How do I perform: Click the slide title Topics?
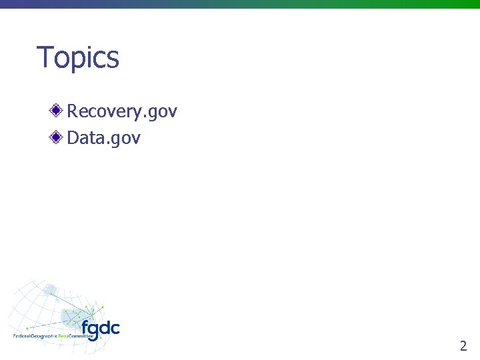click(x=78, y=57)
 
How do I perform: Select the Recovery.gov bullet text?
click(x=122, y=111)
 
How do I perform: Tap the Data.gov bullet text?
click(x=104, y=138)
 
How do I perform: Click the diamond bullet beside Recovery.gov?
click(x=57, y=110)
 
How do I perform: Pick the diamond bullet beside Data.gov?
click(x=57, y=137)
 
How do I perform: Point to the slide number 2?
click(x=463, y=345)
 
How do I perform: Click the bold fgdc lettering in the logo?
click(x=101, y=329)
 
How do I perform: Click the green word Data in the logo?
click(x=63, y=336)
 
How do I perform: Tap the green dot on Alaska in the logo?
click(x=51, y=293)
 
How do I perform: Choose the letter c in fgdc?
click(x=115, y=329)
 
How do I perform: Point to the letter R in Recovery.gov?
click(x=72, y=111)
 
